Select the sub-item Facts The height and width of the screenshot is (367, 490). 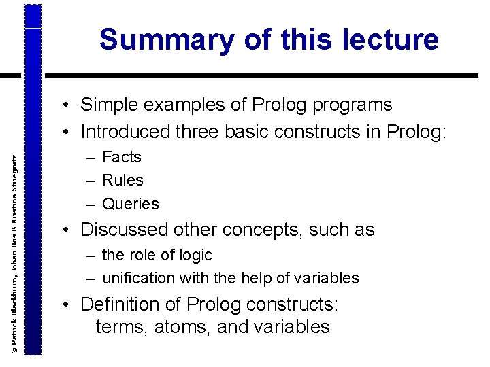122,157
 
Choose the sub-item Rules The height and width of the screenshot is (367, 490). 122,180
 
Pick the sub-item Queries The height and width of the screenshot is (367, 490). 130,204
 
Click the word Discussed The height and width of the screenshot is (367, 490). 125,230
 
